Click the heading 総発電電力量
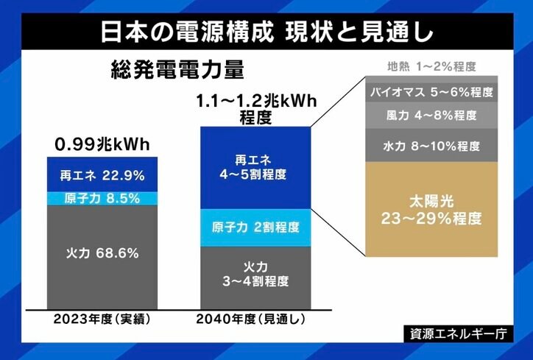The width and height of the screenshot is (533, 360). tap(177, 71)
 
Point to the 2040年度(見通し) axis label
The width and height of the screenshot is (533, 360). tap(256, 320)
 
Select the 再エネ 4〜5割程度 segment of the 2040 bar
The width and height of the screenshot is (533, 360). tap(256, 169)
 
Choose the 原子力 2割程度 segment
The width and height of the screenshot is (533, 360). tap(256, 227)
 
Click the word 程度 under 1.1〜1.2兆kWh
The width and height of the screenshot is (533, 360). tap(256, 118)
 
